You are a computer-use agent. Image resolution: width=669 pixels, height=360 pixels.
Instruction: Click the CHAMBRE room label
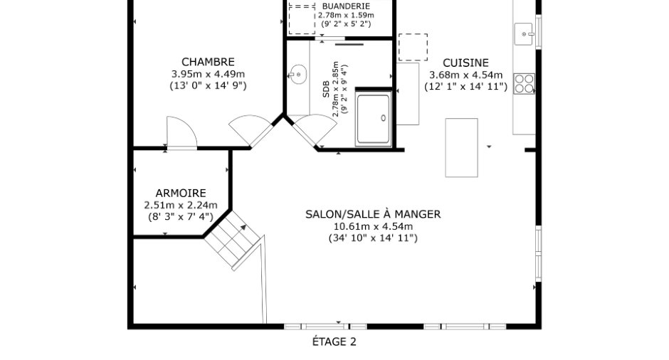click(x=208, y=62)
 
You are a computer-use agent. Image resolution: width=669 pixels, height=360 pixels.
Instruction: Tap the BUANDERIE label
click(x=346, y=6)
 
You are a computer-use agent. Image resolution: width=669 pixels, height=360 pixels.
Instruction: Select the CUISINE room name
click(x=465, y=63)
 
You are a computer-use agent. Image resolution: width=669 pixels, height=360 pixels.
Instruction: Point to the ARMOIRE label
click(x=181, y=194)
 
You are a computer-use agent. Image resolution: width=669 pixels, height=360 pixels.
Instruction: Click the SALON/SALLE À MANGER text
click(x=373, y=214)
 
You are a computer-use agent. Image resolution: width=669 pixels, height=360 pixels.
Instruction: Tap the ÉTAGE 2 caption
click(x=334, y=342)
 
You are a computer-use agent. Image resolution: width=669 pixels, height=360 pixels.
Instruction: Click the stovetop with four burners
click(x=524, y=84)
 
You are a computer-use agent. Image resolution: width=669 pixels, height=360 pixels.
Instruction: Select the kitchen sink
click(x=524, y=34)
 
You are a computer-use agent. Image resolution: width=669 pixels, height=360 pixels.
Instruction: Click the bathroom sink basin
click(x=297, y=75)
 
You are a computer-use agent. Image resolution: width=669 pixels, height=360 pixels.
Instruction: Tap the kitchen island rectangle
click(x=461, y=147)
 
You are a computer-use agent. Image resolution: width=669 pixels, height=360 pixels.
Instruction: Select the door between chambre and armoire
click(x=181, y=133)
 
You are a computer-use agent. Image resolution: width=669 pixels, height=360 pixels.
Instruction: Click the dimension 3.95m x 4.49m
click(x=208, y=74)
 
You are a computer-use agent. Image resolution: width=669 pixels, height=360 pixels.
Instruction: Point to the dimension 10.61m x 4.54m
click(x=373, y=226)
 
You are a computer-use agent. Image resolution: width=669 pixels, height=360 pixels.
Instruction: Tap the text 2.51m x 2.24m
click(x=181, y=205)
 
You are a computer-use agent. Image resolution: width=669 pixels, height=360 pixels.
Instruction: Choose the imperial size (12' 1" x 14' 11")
click(x=465, y=87)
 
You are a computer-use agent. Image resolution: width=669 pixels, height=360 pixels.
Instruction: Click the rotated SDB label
click(x=326, y=89)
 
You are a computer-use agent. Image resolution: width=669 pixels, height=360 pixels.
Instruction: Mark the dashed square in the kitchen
click(x=413, y=47)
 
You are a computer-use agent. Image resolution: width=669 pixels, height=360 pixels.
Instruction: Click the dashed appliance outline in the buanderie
click(x=302, y=18)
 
